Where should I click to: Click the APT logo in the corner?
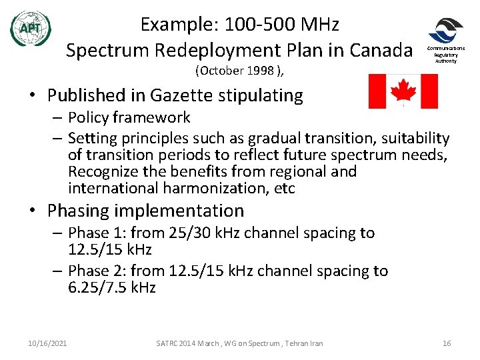pos(31,28)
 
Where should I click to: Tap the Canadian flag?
pos(403,91)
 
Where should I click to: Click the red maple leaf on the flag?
pos(403,91)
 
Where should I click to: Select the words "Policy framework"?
pos(129,118)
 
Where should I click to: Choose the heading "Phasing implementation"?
pos(145,211)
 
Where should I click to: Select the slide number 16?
pos(447,343)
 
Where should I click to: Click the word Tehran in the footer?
pos(293,343)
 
